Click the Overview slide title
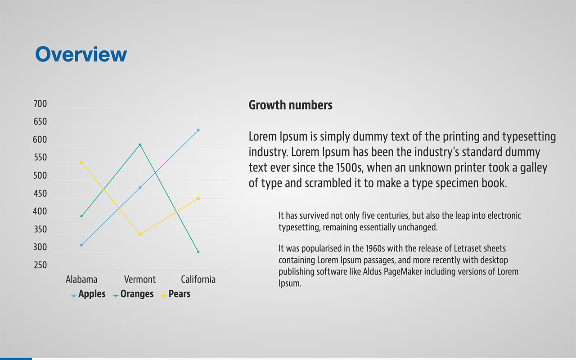tap(81, 54)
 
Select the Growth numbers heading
tap(290, 105)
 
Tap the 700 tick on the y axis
tap(40, 104)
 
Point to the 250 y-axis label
tap(40, 265)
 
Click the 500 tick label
tap(40, 175)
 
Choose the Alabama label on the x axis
tap(81, 279)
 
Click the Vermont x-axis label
tap(140, 279)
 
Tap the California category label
tap(198, 279)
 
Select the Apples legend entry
tap(88, 294)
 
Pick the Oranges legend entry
tap(133, 294)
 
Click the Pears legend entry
tap(175, 294)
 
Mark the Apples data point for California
tap(198, 130)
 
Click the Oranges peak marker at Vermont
tap(140, 144)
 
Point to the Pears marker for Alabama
tap(81, 162)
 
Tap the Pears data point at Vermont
tap(140, 234)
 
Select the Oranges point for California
tap(198, 252)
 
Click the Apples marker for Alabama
tap(81, 245)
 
